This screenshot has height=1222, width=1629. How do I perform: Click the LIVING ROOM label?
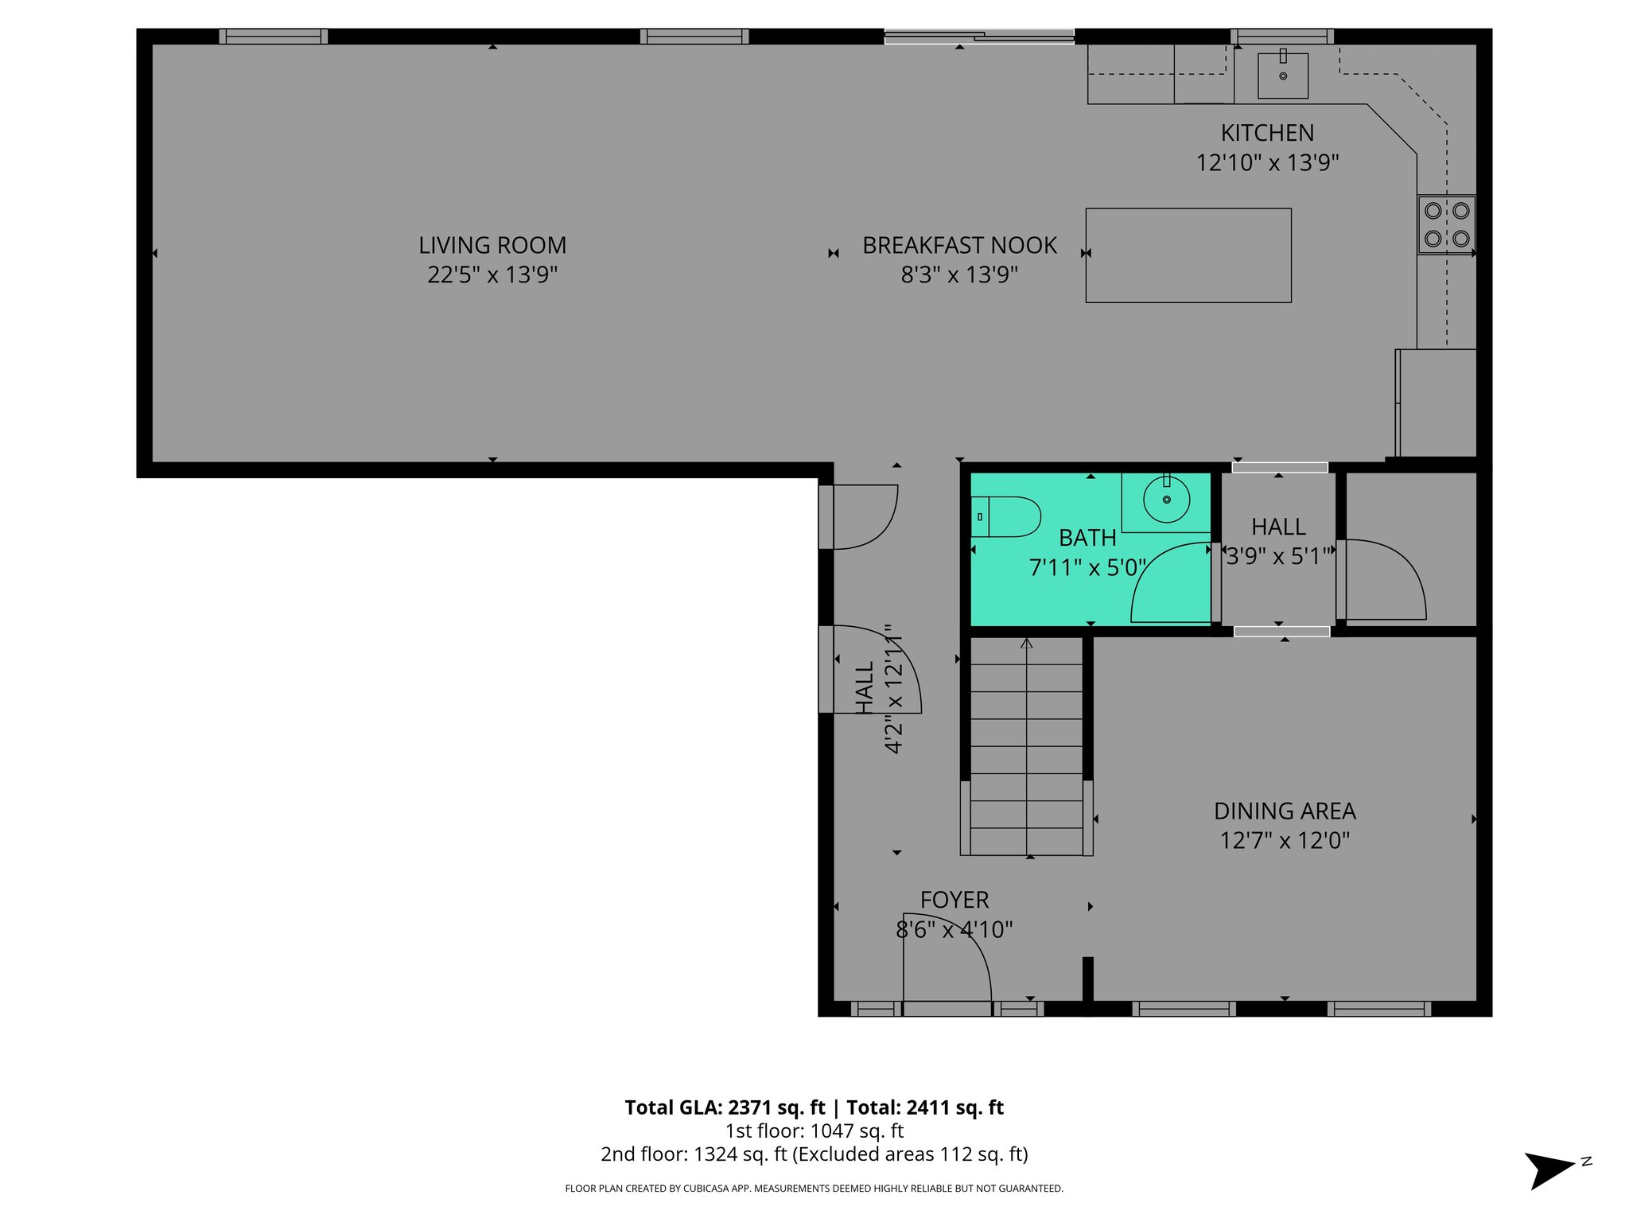[492, 245]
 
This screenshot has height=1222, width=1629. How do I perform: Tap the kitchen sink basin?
[1282, 76]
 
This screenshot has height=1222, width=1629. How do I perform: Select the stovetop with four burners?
[1446, 224]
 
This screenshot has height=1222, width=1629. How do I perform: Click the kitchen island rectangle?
[1188, 255]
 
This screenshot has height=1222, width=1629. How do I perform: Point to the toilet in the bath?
[1006, 517]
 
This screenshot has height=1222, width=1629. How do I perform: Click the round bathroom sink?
[1166, 500]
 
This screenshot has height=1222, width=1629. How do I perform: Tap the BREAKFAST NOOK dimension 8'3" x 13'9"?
[959, 274]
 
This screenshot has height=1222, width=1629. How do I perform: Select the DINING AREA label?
[1285, 811]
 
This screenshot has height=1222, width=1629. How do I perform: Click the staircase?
[1026, 748]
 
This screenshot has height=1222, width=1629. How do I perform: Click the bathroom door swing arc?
[1169, 585]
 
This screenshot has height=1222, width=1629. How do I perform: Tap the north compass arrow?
[1549, 1170]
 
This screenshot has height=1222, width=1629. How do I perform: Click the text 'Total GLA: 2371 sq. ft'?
[725, 1107]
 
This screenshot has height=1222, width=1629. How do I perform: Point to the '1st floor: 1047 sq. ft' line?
[814, 1131]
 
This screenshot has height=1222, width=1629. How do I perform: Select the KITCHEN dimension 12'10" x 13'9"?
[1267, 162]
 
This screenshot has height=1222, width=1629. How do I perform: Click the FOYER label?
[954, 900]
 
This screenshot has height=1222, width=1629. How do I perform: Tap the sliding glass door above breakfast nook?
[979, 36]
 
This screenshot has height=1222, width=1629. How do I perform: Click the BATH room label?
[1087, 538]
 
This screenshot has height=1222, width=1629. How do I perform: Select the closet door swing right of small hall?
[1384, 579]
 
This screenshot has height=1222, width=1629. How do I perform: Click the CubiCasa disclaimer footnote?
[814, 1189]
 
